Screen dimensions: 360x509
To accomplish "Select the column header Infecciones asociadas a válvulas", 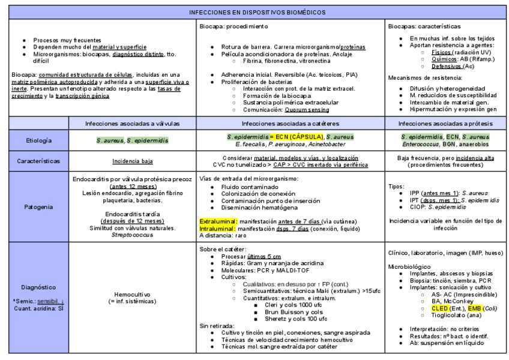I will (x=132, y=124).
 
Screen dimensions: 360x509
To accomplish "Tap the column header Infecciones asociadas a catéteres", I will (x=291, y=124).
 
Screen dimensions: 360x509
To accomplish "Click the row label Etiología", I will (x=38, y=140).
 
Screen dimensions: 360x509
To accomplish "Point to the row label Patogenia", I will (x=38, y=206).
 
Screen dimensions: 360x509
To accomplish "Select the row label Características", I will (x=38, y=161).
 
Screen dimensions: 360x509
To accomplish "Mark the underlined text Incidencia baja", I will (x=132, y=161).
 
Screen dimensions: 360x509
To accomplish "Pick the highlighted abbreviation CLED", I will (x=440, y=308).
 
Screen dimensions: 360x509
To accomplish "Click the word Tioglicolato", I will (x=448, y=315).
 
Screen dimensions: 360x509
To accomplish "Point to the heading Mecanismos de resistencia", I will (x=426, y=77).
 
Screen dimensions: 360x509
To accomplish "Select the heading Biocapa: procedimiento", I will (x=233, y=27).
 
